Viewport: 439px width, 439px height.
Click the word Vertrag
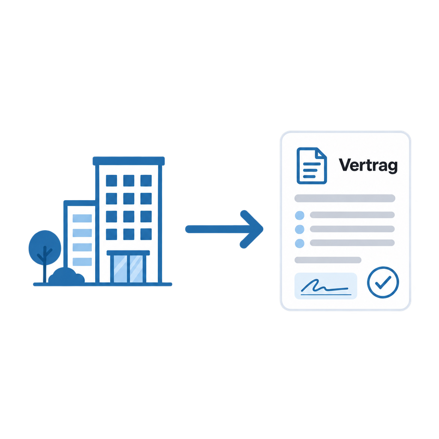(368, 165)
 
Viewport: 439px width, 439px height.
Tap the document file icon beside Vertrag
(312, 166)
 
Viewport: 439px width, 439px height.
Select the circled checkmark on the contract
(383, 282)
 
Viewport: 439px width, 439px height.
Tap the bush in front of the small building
(66, 276)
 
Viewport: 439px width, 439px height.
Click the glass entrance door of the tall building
(128, 269)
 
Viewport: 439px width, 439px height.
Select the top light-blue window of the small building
(82, 218)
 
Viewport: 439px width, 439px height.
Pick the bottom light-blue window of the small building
(82, 262)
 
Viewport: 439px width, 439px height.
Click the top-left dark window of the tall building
(111, 180)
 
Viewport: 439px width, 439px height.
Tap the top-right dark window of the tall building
(146, 180)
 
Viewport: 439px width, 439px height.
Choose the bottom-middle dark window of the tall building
(129, 235)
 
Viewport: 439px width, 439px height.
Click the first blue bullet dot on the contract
(300, 215)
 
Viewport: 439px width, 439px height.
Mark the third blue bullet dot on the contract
(300, 244)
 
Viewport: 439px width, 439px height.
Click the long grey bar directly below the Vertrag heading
(345, 198)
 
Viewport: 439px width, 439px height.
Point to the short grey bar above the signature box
(328, 260)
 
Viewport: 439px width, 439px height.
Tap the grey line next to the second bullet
(352, 229)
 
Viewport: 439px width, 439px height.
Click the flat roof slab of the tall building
(129, 161)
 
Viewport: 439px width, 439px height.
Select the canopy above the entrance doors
(128, 253)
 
